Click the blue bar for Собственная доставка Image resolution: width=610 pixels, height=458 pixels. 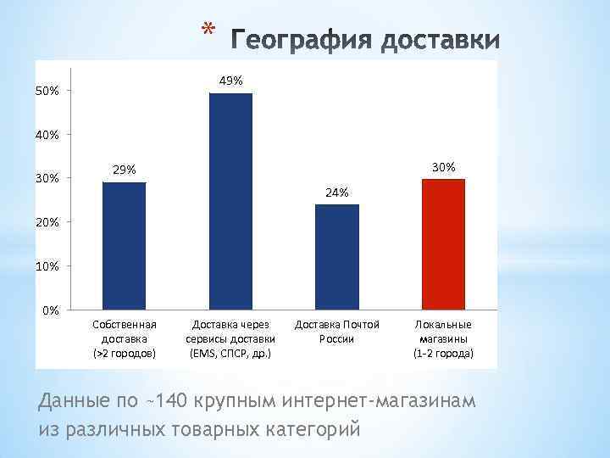click(124, 246)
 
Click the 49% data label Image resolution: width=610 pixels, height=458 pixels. click(230, 81)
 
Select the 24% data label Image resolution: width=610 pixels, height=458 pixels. click(336, 193)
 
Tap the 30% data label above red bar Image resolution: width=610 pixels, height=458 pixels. click(443, 167)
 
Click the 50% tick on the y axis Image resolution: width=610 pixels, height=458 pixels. click(47, 91)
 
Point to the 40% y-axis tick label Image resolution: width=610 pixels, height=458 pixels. click(47, 134)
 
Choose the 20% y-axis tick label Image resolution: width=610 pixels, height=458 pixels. click(47, 222)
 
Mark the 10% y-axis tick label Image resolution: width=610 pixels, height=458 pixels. click(47, 266)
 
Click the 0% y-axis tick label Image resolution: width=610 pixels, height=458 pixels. click(51, 310)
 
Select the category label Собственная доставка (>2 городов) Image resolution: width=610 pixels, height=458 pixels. click(124, 338)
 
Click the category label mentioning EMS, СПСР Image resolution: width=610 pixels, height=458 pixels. click(230, 338)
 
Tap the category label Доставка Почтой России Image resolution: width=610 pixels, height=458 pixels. click(336, 332)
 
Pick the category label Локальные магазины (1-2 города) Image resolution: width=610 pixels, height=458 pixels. click(443, 338)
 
